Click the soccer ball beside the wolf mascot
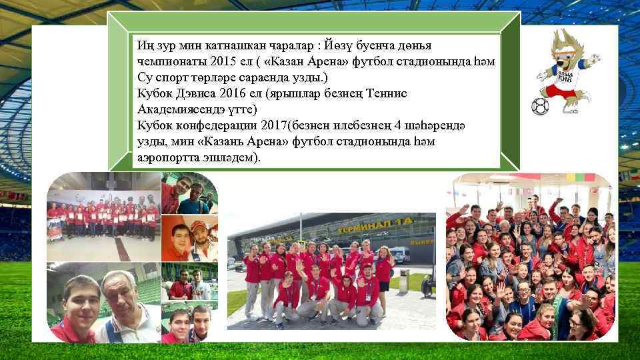(539, 107)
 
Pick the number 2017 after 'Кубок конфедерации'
(261, 125)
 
